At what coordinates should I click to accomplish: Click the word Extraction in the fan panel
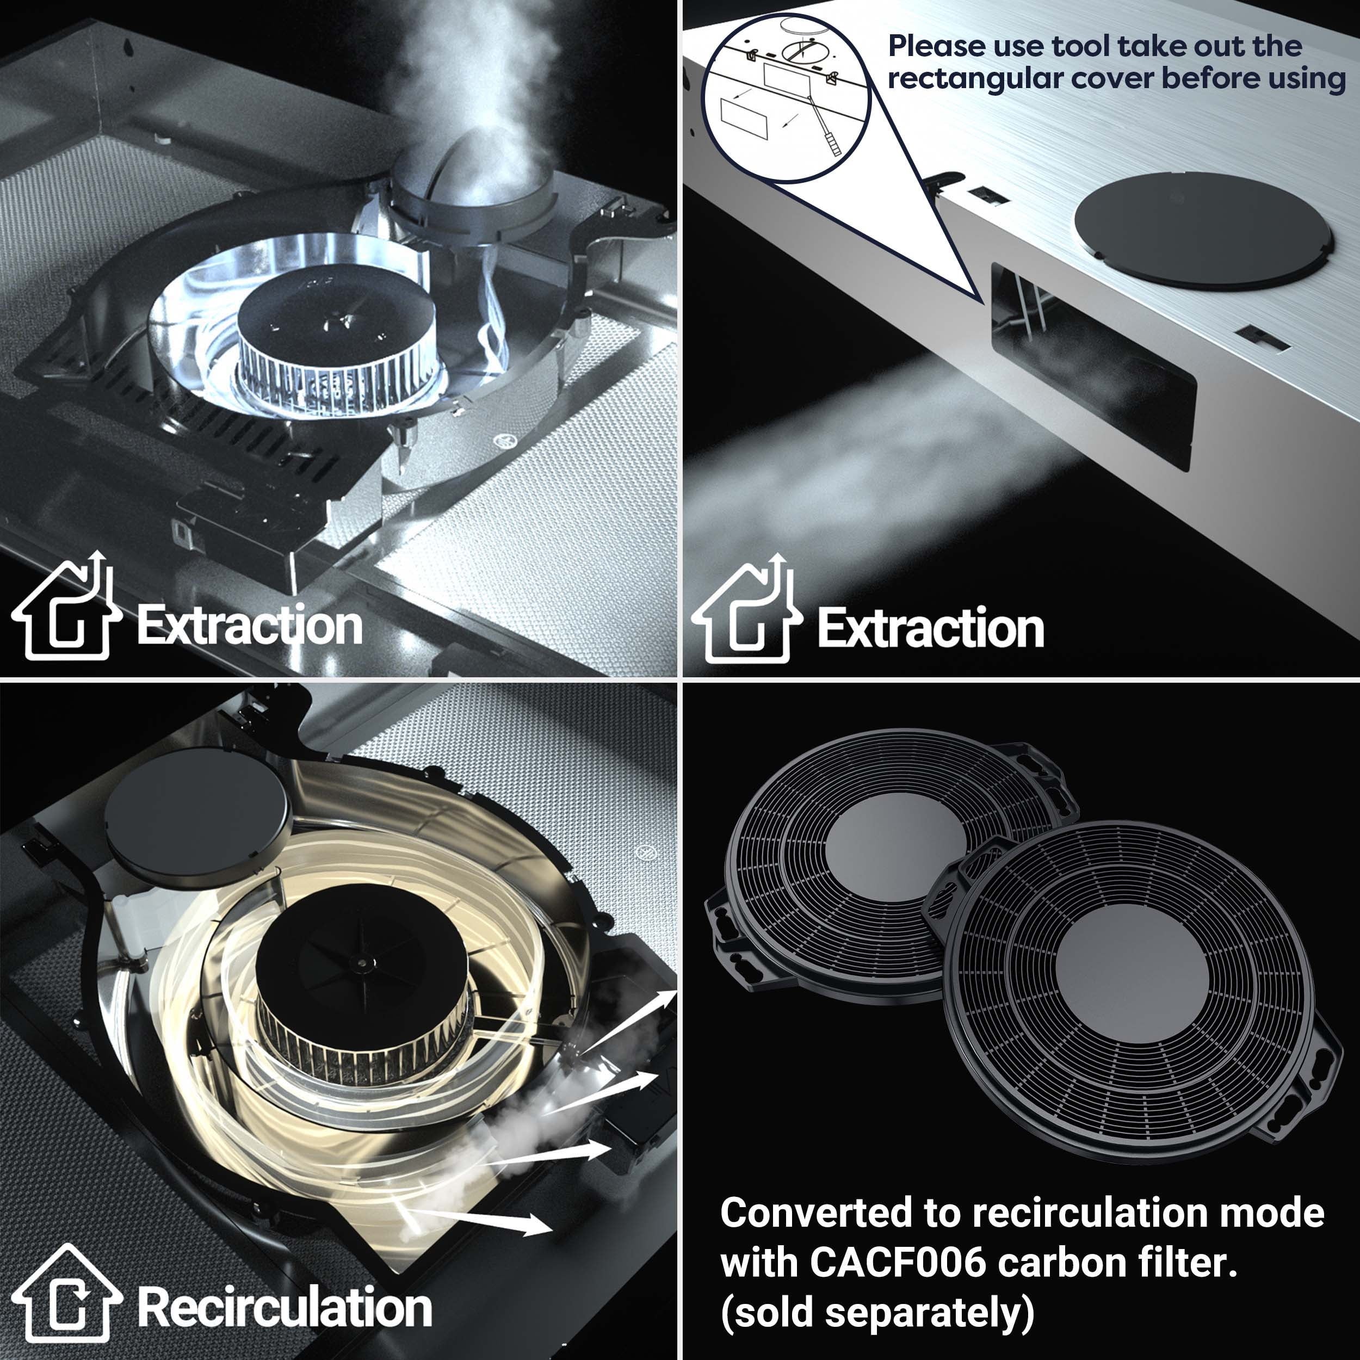click(x=250, y=625)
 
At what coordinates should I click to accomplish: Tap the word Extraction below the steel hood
click(x=931, y=628)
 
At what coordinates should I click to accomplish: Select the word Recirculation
click(x=285, y=1307)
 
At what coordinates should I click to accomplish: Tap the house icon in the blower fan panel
click(x=67, y=605)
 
